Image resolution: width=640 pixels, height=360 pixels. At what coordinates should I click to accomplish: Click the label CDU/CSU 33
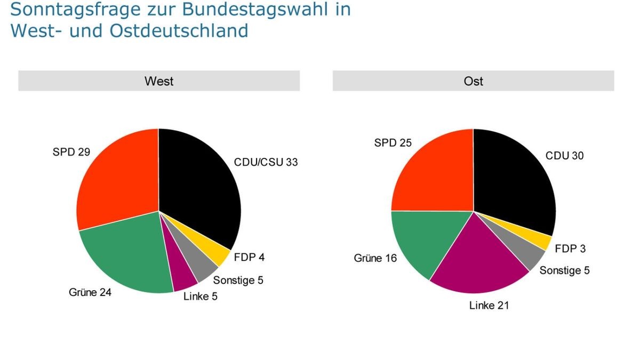(x=266, y=162)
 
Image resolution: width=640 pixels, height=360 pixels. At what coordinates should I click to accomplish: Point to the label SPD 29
(x=71, y=152)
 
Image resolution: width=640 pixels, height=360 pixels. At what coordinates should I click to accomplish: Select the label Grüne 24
(x=90, y=292)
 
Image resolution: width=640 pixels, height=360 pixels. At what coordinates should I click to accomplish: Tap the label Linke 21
(x=489, y=306)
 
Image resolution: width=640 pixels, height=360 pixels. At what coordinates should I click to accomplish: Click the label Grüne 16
(x=375, y=258)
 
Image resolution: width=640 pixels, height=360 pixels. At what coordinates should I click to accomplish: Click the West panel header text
(x=159, y=81)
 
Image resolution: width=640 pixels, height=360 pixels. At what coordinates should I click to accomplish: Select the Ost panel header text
(x=473, y=81)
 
